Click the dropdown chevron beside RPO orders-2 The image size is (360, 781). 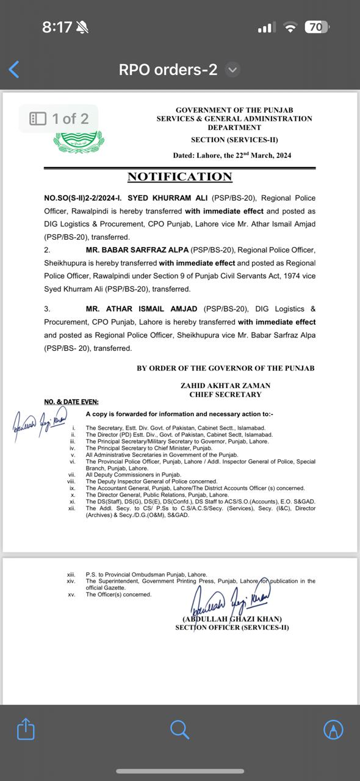point(232,70)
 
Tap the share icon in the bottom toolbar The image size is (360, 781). point(26,729)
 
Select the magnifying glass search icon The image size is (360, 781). point(179,729)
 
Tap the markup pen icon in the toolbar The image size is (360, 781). point(333,729)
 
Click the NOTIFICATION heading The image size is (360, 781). point(179,177)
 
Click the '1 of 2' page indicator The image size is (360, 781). point(59,118)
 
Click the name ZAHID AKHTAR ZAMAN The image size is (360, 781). point(225,386)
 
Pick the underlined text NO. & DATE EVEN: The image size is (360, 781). point(71,402)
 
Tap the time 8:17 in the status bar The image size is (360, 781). point(57,27)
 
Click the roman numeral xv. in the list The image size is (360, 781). point(71,594)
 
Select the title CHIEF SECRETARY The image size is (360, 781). point(225,395)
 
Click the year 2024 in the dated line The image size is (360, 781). point(279,156)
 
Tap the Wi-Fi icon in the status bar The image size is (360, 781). point(290,27)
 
